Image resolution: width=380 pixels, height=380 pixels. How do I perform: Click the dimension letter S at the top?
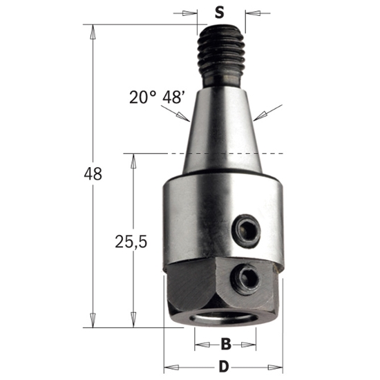[219, 12]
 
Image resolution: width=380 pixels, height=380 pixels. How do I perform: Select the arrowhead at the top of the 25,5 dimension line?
[131, 158]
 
